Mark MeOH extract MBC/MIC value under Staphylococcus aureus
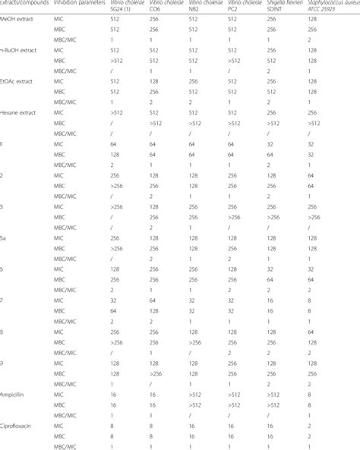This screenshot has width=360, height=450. [x=309, y=39]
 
